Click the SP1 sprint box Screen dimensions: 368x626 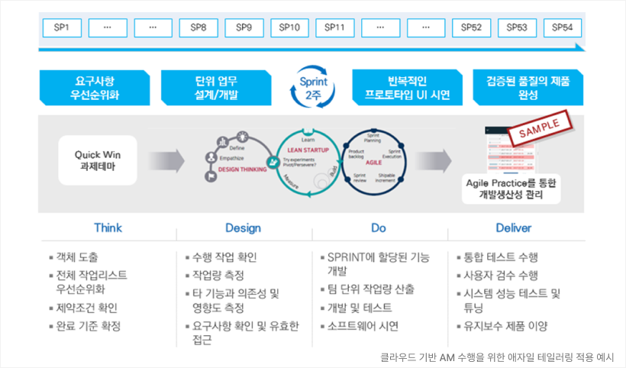click(63, 28)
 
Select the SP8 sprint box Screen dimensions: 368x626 click(198, 28)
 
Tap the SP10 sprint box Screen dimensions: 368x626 click(289, 28)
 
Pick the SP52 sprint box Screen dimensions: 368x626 click(471, 28)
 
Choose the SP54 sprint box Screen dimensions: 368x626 click(563, 28)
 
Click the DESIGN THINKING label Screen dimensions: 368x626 click(242, 169)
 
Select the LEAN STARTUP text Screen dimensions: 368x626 click(308, 150)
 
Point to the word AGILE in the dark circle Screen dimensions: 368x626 click(374, 163)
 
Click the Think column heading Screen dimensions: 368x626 click(108, 228)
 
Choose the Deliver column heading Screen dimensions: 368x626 click(514, 228)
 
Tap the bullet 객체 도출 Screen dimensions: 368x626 click(76, 257)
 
